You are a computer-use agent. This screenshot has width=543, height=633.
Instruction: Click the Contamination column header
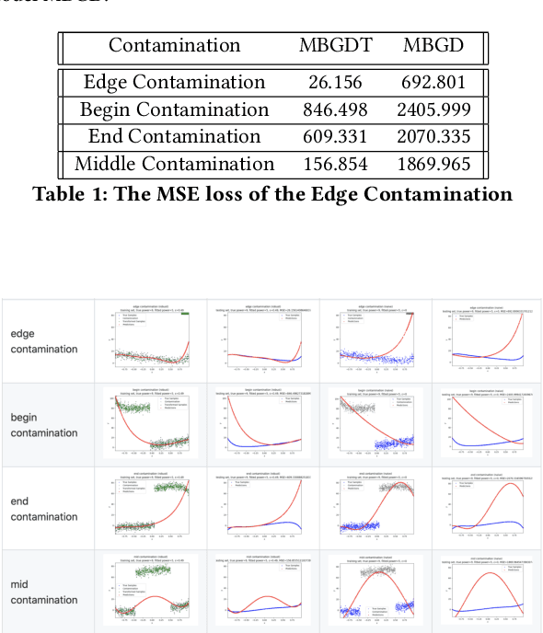[175, 46]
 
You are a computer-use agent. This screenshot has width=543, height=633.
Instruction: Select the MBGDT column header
[335, 46]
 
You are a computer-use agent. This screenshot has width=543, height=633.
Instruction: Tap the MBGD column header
[435, 46]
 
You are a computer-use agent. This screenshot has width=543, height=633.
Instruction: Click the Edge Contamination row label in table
[175, 83]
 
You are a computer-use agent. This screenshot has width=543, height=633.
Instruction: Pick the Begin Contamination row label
[175, 110]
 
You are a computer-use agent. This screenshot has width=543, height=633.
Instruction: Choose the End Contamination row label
[175, 137]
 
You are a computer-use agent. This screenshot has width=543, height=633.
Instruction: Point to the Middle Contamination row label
[175, 165]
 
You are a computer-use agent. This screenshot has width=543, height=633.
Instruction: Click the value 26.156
[335, 83]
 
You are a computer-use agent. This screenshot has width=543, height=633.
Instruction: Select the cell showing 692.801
[435, 83]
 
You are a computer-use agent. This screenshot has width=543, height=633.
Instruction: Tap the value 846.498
[335, 110]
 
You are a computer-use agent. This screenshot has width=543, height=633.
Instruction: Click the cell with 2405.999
[435, 110]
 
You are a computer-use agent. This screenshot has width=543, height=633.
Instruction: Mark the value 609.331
[335, 137]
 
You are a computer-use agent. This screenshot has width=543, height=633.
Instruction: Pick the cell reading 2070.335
[435, 137]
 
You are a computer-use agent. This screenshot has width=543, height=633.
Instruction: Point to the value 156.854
[335, 165]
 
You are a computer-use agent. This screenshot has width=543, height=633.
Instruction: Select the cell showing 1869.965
[435, 165]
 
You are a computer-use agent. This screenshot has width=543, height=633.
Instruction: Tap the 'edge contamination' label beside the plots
[44, 341]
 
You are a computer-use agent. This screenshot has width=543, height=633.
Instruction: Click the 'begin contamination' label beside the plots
[44, 425]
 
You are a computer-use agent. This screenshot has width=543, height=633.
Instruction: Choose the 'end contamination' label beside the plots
[44, 509]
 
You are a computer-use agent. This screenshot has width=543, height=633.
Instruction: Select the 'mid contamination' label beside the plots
[44, 593]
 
